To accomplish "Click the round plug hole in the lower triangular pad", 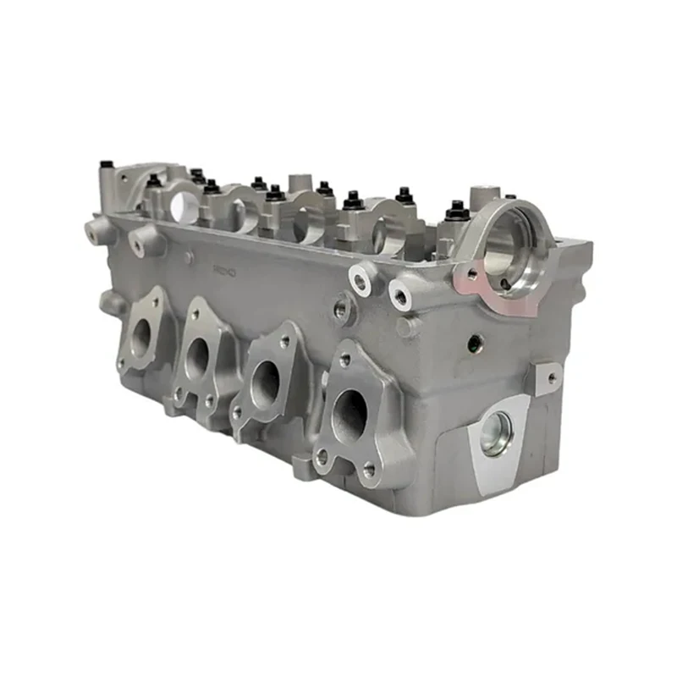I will (496, 435).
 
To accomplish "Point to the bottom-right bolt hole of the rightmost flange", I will (369, 468).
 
